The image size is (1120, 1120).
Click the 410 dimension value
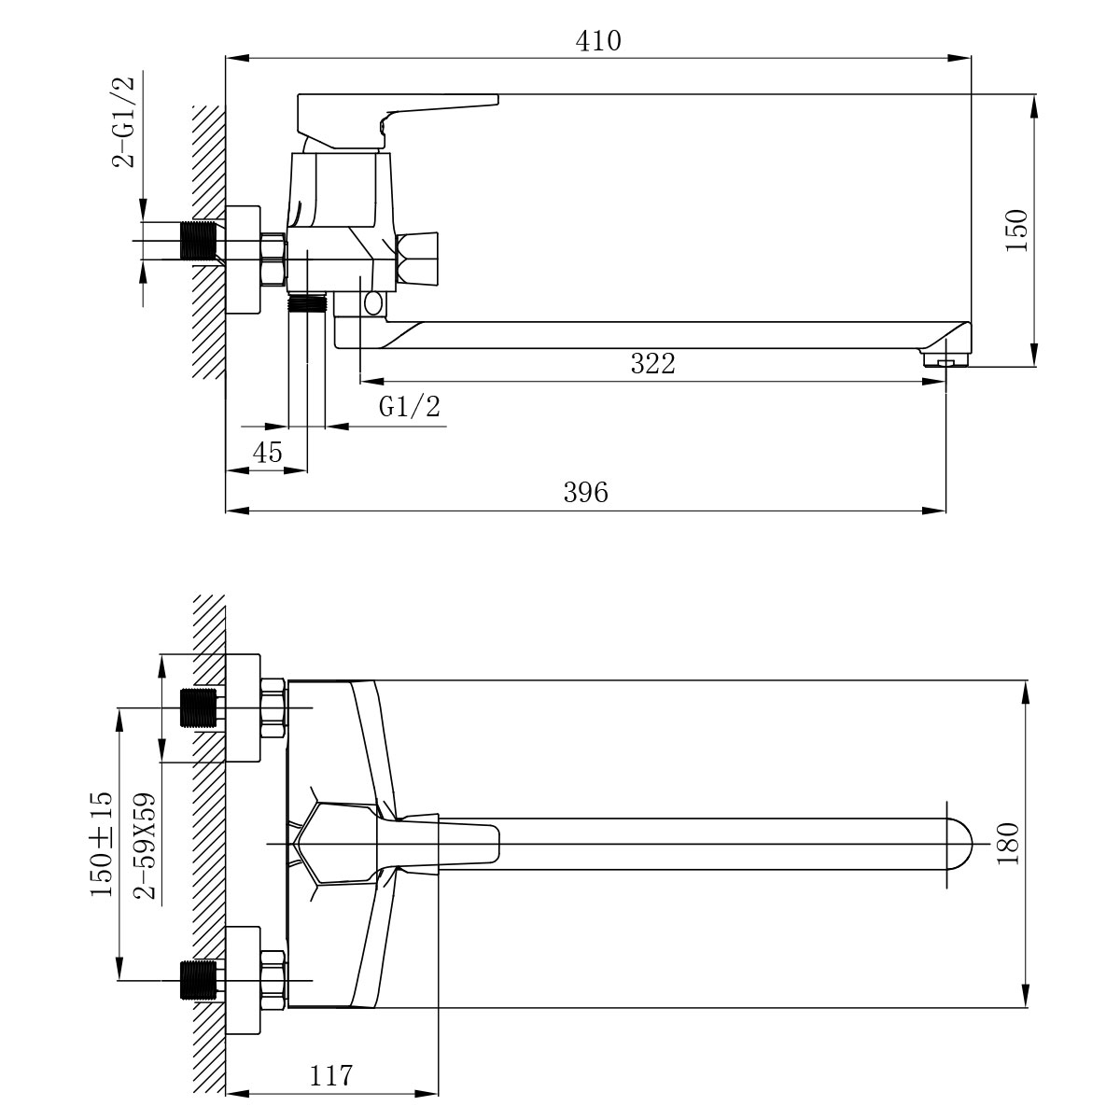tap(598, 41)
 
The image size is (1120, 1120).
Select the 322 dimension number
tap(653, 364)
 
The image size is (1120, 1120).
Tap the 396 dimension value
tap(586, 492)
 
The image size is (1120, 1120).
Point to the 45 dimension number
tap(268, 452)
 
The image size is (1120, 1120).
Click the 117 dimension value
tap(330, 1075)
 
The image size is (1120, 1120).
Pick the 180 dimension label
tap(1008, 844)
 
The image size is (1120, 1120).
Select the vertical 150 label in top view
tap(1017, 231)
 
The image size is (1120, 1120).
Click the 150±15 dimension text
tap(101, 844)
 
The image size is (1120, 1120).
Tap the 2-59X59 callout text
tap(145, 846)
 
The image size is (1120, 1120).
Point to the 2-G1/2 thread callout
tap(124, 122)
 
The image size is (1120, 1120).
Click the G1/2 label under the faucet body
tap(410, 406)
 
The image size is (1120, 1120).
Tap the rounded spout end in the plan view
tap(959, 844)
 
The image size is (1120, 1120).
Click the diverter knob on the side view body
tap(416, 260)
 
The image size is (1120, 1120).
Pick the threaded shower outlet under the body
tap(308, 303)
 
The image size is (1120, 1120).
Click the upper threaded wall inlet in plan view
tap(199, 707)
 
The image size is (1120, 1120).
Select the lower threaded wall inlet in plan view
tap(199, 980)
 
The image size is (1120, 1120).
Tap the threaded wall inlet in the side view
tap(200, 241)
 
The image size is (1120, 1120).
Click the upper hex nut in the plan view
tap(273, 707)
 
